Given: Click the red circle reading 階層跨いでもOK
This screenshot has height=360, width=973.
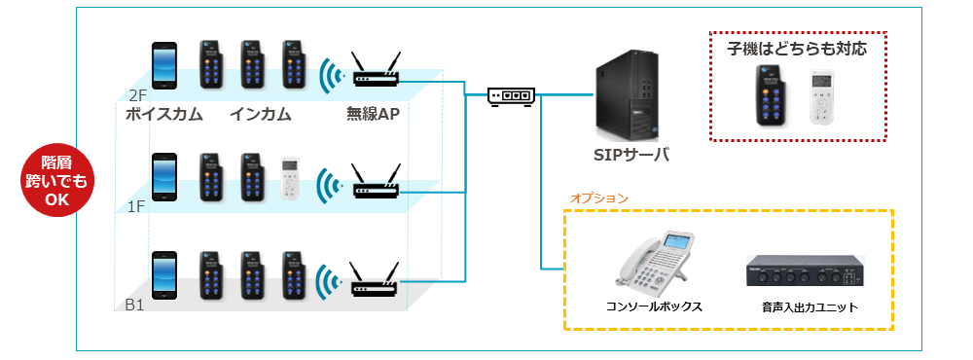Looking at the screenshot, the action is point(56,181).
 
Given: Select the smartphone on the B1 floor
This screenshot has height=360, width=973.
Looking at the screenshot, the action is point(164,275).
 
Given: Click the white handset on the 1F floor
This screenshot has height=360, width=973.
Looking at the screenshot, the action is point(290,179).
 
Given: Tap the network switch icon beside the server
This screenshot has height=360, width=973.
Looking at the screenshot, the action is point(511,97).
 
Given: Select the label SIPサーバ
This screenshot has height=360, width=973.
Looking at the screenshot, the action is point(631,155).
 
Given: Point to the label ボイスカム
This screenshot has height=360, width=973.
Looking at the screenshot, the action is point(164,115).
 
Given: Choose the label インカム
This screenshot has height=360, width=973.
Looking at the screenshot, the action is point(261,115).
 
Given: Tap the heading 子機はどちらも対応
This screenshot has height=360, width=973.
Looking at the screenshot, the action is point(798,49).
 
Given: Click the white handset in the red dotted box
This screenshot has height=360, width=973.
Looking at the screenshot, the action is point(821,98).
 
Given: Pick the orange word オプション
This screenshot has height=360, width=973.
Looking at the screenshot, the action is point(598,198).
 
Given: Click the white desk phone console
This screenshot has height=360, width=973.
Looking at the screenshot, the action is point(655,264).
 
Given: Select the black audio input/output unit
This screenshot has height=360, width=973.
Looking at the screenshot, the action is point(805,271).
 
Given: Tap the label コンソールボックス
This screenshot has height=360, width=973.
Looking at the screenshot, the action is point(654,307).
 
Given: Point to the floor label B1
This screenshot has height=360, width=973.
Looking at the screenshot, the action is point(134,305).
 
